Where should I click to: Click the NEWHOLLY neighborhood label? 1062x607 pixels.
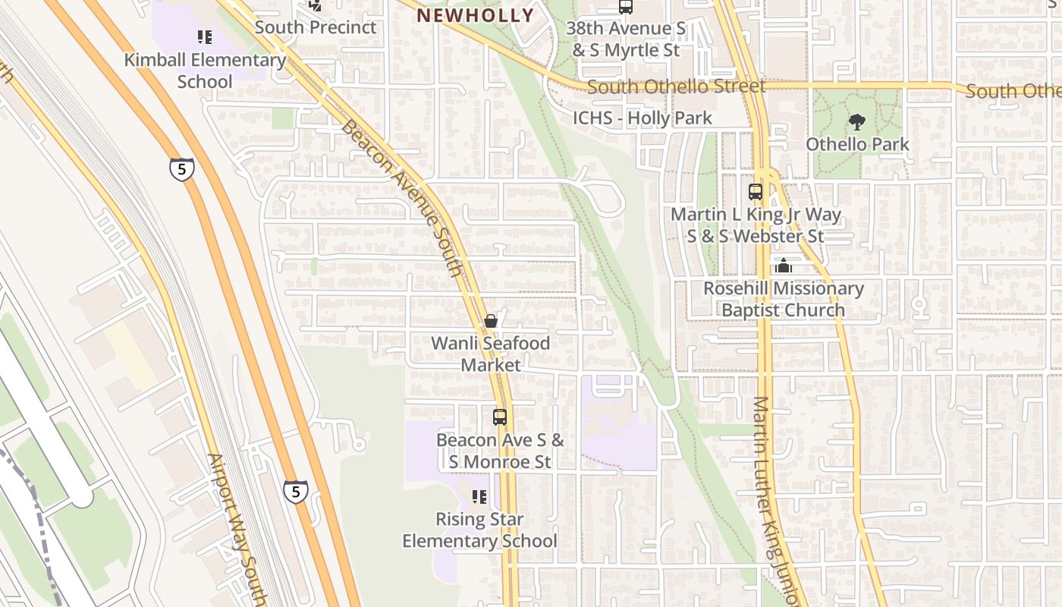coord(476,15)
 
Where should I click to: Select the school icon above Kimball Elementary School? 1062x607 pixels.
coord(204,36)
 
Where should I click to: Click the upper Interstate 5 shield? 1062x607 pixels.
coord(182,169)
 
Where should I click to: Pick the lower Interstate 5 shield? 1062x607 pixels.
coord(296,492)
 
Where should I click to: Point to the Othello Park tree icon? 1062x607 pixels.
coord(857,121)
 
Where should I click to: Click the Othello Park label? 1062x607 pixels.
coord(857,144)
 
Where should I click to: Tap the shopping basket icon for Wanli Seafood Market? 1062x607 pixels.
coord(491,321)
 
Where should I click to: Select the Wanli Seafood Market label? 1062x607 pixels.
coord(491,354)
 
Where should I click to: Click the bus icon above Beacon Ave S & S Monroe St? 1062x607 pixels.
coord(499,417)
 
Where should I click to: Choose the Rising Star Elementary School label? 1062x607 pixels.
coord(479,530)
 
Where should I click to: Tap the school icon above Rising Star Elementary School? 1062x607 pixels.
coord(479,497)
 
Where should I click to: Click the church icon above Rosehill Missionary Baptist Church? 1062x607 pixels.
coord(784,266)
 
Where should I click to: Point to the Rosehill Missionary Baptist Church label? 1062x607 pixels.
coord(783,300)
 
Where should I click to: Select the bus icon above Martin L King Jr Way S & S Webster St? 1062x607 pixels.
coord(756,192)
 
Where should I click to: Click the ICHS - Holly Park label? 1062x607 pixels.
coord(642,118)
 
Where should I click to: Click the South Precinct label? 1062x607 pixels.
coord(316,27)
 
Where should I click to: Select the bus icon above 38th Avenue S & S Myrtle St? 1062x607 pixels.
coord(626,7)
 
